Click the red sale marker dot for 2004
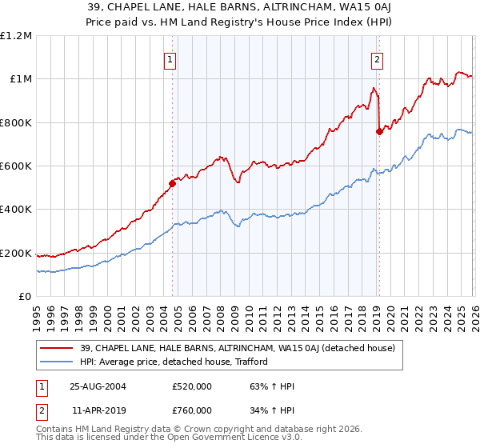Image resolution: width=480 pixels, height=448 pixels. tap(172, 183)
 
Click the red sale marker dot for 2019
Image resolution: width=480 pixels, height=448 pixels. tap(378, 132)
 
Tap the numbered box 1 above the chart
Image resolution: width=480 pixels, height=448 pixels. tap(171, 58)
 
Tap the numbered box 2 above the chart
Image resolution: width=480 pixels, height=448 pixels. tap(377, 58)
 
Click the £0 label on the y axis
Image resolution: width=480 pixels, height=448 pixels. tap(26, 297)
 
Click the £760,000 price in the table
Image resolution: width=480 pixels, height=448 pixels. tap(192, 410)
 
